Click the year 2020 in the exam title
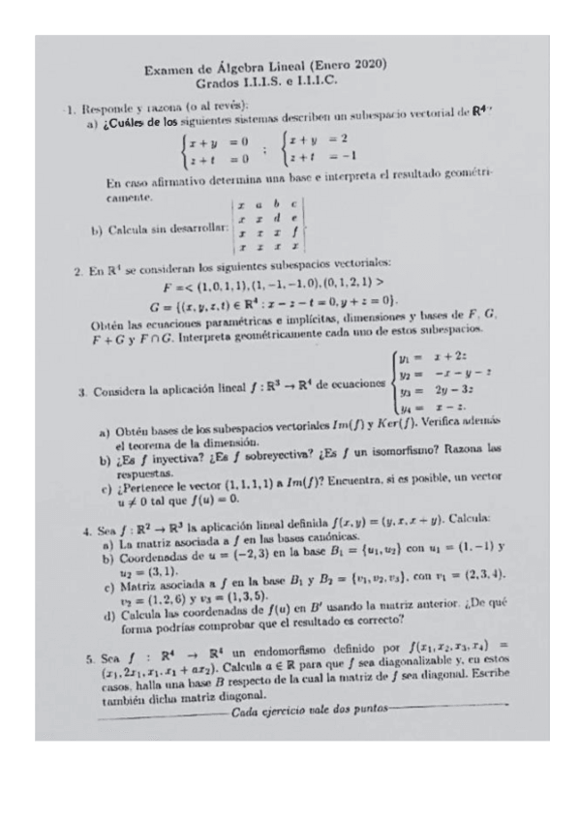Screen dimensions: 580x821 370,66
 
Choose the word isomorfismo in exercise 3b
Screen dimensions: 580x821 413,451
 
